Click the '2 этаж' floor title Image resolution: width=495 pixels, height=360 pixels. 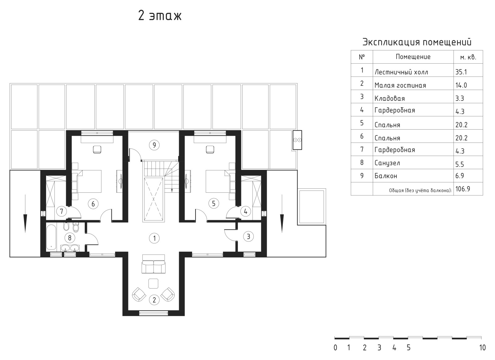point(160,16)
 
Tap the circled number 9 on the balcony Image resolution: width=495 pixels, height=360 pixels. point(154,145)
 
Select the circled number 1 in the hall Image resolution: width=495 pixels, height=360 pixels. point(154,238)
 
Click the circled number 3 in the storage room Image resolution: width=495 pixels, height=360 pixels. point(248,237)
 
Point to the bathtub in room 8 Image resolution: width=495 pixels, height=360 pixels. point(51,237)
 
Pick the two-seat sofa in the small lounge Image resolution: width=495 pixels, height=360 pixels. point(153,264)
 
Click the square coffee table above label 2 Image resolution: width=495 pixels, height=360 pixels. point(153,283)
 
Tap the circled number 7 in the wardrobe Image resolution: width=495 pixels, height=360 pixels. point(62,211)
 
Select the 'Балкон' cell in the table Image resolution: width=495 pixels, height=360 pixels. point(386,176)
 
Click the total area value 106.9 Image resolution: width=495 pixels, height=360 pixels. point(463,189)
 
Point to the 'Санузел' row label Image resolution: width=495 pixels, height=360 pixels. point(387,163)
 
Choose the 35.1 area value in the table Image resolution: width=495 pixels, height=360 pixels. point(461,72)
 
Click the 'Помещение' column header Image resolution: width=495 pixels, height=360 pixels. point(413,57)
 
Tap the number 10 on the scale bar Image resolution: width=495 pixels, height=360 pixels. point(483,348)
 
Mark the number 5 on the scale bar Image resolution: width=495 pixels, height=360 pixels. point(409,348)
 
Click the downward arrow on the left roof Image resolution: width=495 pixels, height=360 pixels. point(25,213)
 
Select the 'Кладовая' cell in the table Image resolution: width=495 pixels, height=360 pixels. point(390,98)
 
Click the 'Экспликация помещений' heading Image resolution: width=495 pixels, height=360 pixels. point(417,42)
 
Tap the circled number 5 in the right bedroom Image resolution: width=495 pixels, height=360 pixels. point(214,204)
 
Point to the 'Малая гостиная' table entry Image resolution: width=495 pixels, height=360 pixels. point(400,85)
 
